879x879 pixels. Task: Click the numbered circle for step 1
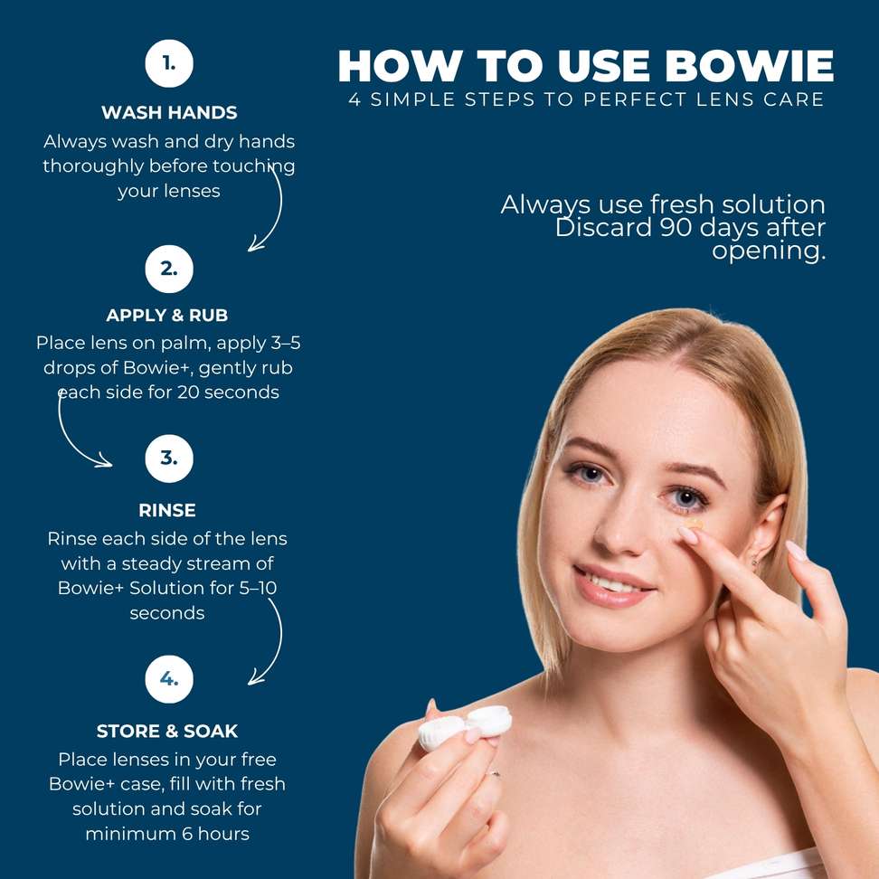[x=169, y=63]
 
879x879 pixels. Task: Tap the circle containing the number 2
[x=169, y=269]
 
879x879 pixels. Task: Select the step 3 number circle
[x=169, y=458]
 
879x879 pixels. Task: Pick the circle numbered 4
[x=169, y=679]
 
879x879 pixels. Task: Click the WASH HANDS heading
[x=169, y=113]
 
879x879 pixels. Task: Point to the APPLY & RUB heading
[x=167, y=315]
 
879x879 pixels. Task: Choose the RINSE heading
[x=167, y=510]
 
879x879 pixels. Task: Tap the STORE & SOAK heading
[x=167, y=731]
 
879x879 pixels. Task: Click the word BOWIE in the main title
[x=749, y=66]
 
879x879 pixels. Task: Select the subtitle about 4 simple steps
[x=586, y=99]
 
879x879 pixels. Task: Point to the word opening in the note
[x=769, y=251]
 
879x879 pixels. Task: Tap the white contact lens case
[x=465, y=726]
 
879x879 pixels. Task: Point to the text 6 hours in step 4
[x=216, y=834]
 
